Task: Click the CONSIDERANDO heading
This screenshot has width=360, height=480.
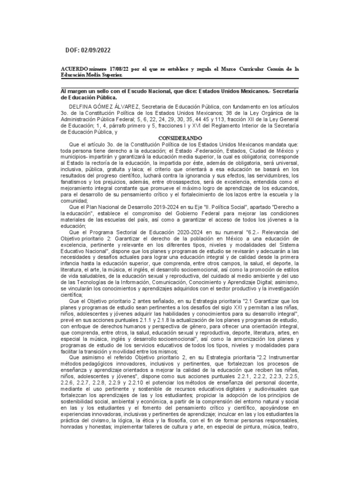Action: pyautogui.click(x=180, y=138)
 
